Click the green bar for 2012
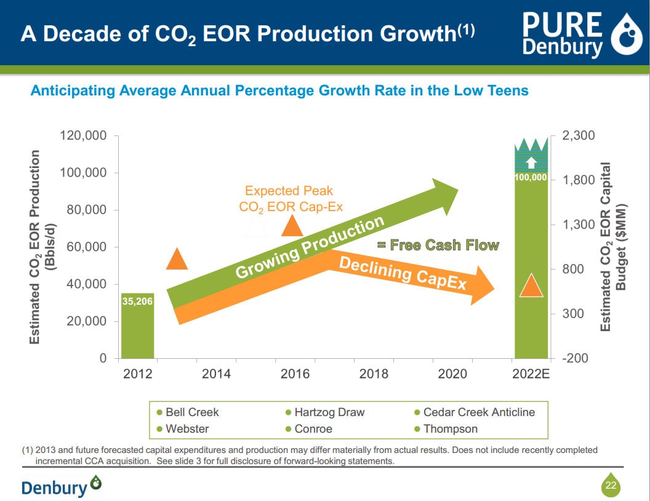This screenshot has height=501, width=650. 137,332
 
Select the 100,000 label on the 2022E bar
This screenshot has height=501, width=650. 531,177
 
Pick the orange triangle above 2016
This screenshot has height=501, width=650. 292,225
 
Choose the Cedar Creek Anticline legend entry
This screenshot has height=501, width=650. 474,412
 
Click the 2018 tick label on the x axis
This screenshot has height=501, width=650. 374,374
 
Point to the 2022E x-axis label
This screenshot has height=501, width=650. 531,374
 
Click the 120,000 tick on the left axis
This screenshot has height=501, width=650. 83,135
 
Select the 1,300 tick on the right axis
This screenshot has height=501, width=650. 579,225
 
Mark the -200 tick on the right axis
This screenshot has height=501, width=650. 579,358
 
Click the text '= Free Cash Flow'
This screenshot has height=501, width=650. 438,246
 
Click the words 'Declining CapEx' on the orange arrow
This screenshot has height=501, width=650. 403,273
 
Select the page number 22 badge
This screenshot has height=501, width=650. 611,486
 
